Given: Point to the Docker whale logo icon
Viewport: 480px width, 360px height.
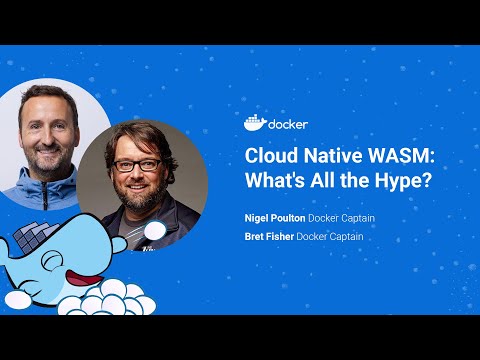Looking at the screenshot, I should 255,124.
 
